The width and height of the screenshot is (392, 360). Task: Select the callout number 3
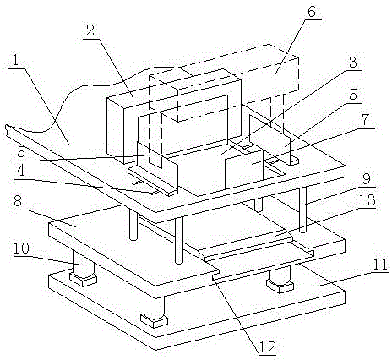coord(352,63)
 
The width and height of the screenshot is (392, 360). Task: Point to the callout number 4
coord(19,171)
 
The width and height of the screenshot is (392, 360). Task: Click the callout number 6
coord(312,13)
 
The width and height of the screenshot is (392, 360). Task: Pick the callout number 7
coord(365,120)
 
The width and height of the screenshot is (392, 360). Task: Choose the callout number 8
coord(19,201)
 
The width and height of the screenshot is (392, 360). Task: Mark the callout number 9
coord(366,179)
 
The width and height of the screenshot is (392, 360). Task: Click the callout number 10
coord(20,248)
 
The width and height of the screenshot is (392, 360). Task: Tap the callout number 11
coord(380,265)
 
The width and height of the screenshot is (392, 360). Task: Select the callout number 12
coord(268,348)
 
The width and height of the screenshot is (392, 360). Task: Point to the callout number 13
coord(367,199)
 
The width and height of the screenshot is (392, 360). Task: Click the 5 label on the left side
coord(19,152)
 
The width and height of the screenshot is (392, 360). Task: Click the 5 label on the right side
coord(353,95)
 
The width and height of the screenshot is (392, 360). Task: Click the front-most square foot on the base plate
coord(154,321)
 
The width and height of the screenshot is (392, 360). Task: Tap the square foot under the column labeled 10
coord(83,280)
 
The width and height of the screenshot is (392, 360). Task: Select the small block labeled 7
coord(244,169)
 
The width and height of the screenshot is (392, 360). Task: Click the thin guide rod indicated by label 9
coord(303,210)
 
